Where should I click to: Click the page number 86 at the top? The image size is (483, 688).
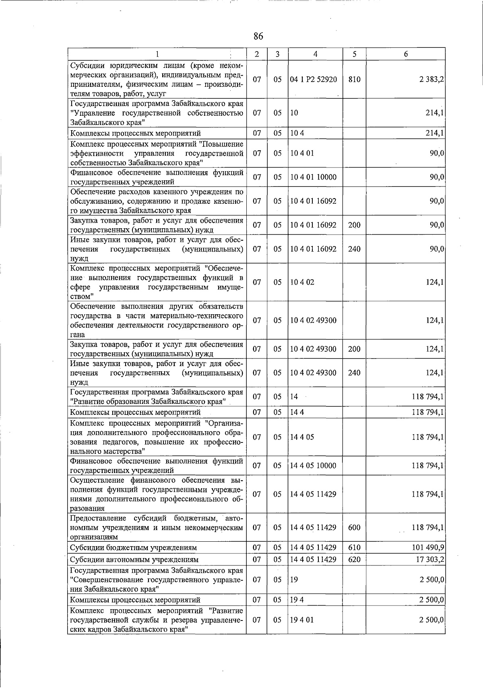click(x=258, y=36)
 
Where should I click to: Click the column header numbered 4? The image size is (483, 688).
click(x=315, y=54)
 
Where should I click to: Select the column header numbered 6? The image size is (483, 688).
click(x=406, y=54)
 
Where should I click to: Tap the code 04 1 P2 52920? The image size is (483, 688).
click(x=314, y=80)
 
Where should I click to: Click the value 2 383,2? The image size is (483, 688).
click(x=431, y=80)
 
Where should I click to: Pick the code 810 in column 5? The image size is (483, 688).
click(x=354, y=80)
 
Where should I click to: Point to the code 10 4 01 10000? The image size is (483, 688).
click(x=314, y=177)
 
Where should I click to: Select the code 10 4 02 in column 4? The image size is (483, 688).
click(x=302, y=282)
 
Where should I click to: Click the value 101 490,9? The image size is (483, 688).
click(x=428, y=548)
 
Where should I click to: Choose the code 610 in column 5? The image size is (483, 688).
click(x=354, y=548)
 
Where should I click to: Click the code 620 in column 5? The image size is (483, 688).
click(x=354, y=559)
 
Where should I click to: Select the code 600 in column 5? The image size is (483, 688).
click(x=354, y=527)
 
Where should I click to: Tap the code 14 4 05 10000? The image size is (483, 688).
click(x=314, y=466)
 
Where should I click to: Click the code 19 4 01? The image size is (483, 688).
click(x=302, y=620)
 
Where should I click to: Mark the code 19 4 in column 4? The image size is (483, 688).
click(x=297, y=600)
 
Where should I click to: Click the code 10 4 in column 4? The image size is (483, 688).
click(x=297, y=133)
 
